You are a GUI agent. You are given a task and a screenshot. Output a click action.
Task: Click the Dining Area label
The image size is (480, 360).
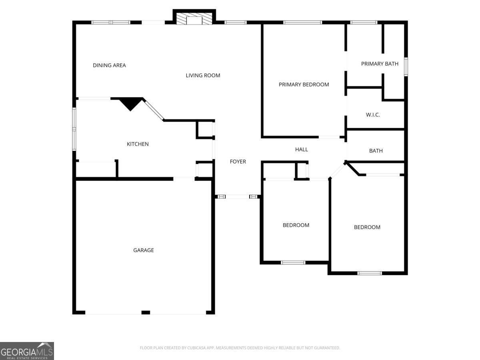[109, 65]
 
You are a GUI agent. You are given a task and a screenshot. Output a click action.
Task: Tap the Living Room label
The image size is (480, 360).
[203, 75]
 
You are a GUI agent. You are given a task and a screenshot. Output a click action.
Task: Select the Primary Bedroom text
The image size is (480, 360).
[304, 84]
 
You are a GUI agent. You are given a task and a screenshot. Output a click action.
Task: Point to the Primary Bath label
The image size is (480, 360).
[380, 64]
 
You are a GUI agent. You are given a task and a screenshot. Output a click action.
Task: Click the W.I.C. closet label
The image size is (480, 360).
[373, 115]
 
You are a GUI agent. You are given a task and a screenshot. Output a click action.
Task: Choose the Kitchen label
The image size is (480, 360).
[138, 144]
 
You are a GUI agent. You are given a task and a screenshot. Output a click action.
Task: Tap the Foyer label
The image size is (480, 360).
[238, 162]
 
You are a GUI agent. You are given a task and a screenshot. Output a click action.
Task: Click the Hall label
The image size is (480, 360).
[302, 149]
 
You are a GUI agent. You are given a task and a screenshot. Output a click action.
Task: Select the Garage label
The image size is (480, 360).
[143, 250]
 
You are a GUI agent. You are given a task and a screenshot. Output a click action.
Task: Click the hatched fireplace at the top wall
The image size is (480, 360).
[194, 20]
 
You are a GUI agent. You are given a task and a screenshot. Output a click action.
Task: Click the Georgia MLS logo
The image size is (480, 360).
[27, 351]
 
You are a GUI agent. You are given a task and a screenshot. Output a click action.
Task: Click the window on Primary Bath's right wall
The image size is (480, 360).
[406, 67]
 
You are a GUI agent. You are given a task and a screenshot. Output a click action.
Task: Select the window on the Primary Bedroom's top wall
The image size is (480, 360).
[302, 22]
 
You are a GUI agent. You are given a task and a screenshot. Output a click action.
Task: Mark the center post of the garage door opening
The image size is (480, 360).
[146, 312]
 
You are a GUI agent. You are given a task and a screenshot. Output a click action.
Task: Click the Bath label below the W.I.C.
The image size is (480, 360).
[376, 151]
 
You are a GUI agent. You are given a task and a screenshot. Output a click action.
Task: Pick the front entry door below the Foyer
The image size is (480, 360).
[238, 196]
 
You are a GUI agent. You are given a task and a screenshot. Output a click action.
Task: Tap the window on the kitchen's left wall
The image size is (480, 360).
[74, 129]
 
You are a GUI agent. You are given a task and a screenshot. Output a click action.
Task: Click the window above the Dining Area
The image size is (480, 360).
[111, 22]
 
